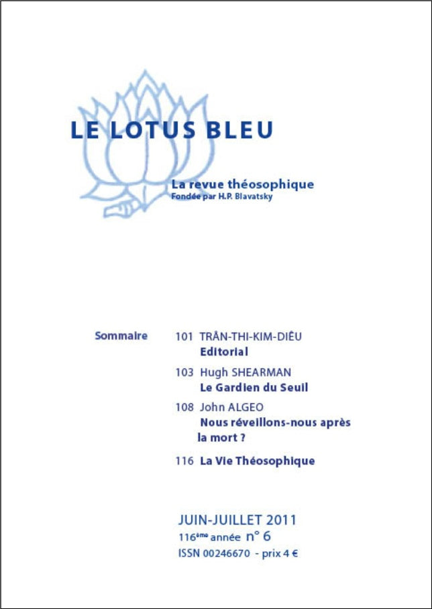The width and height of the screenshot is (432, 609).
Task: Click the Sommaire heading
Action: tap(121, 335)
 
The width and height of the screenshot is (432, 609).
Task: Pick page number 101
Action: tap(184, 337)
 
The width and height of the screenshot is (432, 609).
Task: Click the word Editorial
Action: tap(224, 351)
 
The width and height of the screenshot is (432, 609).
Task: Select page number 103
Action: tap(184, 372)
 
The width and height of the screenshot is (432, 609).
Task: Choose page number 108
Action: tap(184, 408)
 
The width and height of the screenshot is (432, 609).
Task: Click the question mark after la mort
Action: tap(242, 438)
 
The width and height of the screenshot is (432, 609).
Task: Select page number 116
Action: tap(184, 461)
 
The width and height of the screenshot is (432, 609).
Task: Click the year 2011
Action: tap(281, 520)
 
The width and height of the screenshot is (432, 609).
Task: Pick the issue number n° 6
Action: tap(258, 536)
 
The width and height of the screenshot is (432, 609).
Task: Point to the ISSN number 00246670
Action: tap(224, 553)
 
